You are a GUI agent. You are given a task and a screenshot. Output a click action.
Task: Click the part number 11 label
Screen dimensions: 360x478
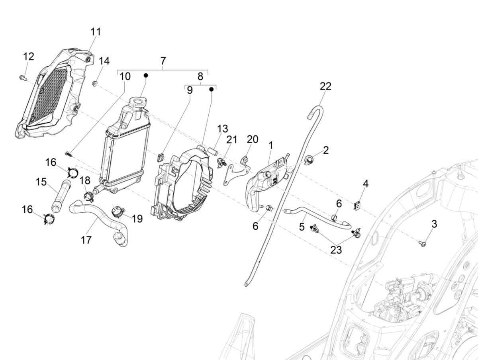96,32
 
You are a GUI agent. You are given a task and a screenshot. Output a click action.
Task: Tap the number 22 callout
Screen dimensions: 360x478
325,86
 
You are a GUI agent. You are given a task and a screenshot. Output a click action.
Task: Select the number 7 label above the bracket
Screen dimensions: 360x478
163,61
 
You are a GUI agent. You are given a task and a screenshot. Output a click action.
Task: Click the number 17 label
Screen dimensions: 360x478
86,240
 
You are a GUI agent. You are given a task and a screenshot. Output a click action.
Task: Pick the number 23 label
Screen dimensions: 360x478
336,250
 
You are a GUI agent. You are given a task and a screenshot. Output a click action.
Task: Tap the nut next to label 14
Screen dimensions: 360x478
96,84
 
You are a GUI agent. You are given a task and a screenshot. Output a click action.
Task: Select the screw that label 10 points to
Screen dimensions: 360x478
68,153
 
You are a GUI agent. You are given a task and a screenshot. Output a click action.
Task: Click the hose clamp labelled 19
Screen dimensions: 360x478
118,211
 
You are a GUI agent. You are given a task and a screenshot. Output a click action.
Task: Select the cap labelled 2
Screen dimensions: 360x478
309,160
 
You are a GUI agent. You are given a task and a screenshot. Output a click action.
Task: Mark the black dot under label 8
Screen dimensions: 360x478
211,89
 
